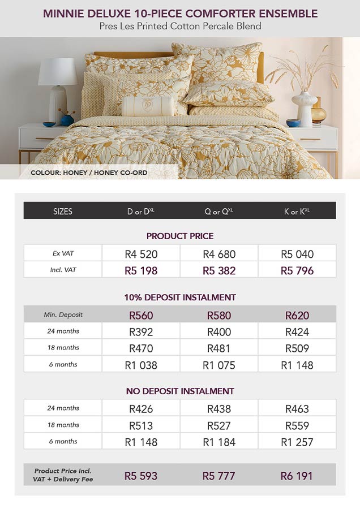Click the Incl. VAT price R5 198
(141, 270)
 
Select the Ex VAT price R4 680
(219, 254)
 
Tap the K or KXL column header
(297, 212)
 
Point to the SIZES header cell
(63, 212)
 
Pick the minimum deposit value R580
(219, 315)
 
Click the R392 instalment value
(141, 332)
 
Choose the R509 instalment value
(297, 348)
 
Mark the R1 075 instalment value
(219, 365)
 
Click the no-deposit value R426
(141, 408)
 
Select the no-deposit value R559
(297, 425)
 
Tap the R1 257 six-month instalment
(297, 442)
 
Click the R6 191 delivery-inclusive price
(297, 476)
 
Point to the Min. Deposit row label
(62, 314)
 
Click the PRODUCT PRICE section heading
(180, 236)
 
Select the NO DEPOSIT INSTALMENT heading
(180, 391)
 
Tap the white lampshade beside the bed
(58, 72)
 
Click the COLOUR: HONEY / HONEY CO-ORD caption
(89, 172)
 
